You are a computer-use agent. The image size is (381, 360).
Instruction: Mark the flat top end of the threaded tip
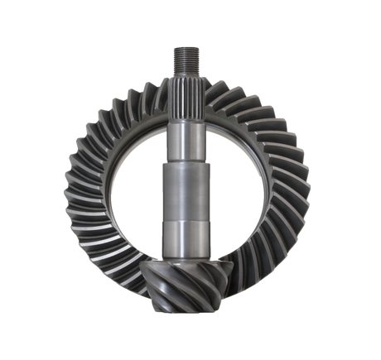(x=184, y=48)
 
